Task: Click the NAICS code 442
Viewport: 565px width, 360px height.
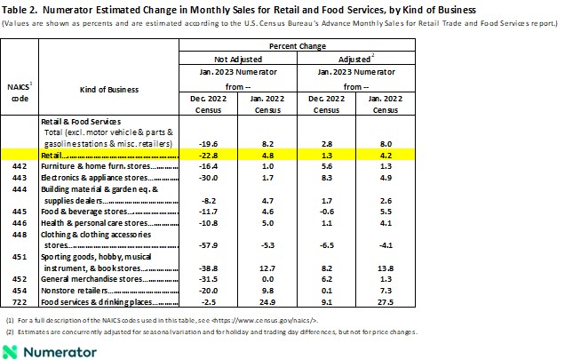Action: point(20,165)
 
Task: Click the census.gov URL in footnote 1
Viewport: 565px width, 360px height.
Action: point(263,317)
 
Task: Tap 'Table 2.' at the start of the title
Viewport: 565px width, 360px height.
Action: point(19,8)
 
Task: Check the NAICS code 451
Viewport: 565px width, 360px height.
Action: point(20,255)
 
